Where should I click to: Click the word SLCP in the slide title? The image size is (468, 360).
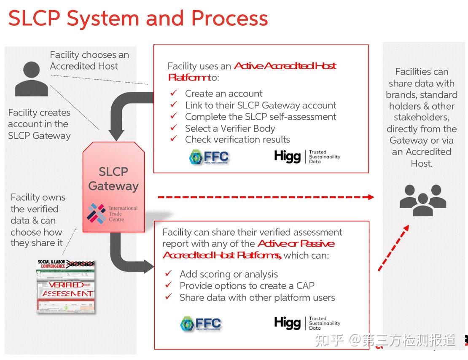coord(34,19)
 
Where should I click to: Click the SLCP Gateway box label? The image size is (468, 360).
coord(113,179)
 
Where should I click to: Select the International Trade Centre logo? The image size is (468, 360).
coord(112,213)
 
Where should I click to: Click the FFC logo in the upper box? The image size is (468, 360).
coord(209,157)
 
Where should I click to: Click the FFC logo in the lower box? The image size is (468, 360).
coord(201,324)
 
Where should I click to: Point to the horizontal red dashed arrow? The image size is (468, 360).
coord(266,197)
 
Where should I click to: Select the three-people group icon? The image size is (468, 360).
coord(422,200)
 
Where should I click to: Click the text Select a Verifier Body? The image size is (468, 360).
coord(230,128)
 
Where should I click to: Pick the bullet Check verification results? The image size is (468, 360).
coord(237,140)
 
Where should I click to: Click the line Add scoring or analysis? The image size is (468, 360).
coord(229,274)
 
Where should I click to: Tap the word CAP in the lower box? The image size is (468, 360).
coord(305,286)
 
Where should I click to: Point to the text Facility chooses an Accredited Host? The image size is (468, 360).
coord(89,60)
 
